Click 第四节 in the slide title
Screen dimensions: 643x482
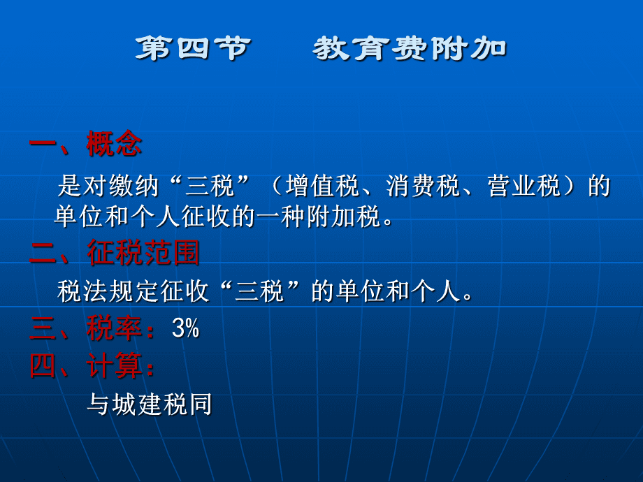[193, 48]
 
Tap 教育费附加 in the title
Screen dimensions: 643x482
[410, 48]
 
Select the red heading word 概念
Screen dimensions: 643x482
[114, 143]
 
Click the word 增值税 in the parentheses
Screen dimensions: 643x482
[322, 186]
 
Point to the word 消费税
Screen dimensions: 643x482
[424, 186]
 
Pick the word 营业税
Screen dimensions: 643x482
[524, 186]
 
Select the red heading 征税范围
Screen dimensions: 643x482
[143, 252]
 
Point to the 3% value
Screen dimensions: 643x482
[185, 328]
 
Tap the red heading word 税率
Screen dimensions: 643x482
[115, 328]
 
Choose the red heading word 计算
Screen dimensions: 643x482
[115, 365]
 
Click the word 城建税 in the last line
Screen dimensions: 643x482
[150, 404]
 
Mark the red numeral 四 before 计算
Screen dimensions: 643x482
[43, 365]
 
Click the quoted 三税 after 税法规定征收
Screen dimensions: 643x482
[259, 291]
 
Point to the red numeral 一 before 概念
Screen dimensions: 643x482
[43, 144]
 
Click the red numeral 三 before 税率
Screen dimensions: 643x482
[43, 329]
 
